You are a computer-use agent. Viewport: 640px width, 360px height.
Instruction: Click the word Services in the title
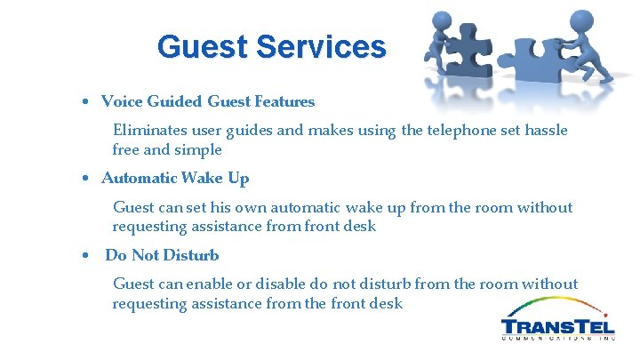[x=321, y=46]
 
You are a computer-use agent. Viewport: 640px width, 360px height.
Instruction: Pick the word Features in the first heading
[x=284, y=101]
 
